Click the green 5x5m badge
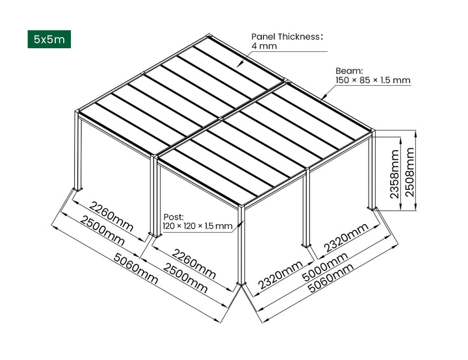click(x=49, y=39)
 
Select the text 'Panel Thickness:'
click(x=287, y=36)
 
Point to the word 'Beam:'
click(x=348, y=70)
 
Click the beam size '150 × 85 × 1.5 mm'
click(x=372, y=81)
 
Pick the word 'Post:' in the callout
click(x=174, y=216)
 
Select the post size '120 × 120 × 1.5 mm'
click(x=197, y=226)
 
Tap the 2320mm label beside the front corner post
click(x=280, y=275)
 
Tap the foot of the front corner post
click(x=242, y=284)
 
